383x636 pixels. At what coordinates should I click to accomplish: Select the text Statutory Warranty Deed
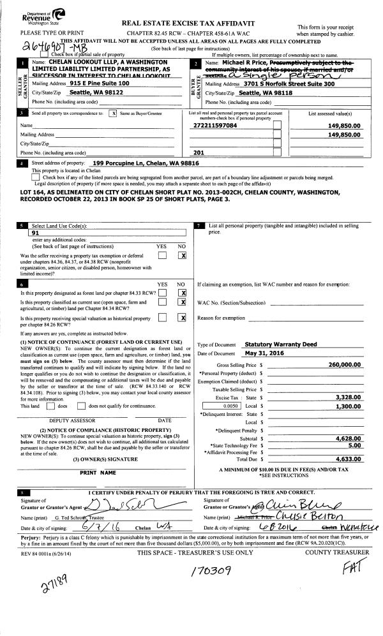tap(281, 344)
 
